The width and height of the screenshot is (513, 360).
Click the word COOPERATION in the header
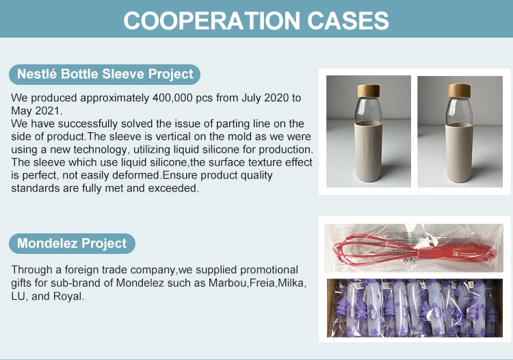tap(211, 21)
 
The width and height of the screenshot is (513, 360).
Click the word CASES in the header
tap(348, 21)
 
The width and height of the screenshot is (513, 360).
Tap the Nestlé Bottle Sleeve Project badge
tap(105, 75)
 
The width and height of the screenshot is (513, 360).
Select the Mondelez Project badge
tap(72, 244)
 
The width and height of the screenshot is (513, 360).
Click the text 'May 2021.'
tap(37, 111)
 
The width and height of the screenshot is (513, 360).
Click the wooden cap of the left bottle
tap(369, 90)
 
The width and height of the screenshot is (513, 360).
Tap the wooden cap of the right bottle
tap(460, 90)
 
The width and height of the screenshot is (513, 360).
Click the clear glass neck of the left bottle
tap(369, 110)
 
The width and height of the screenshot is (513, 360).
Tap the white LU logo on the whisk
tap(456, 254)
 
